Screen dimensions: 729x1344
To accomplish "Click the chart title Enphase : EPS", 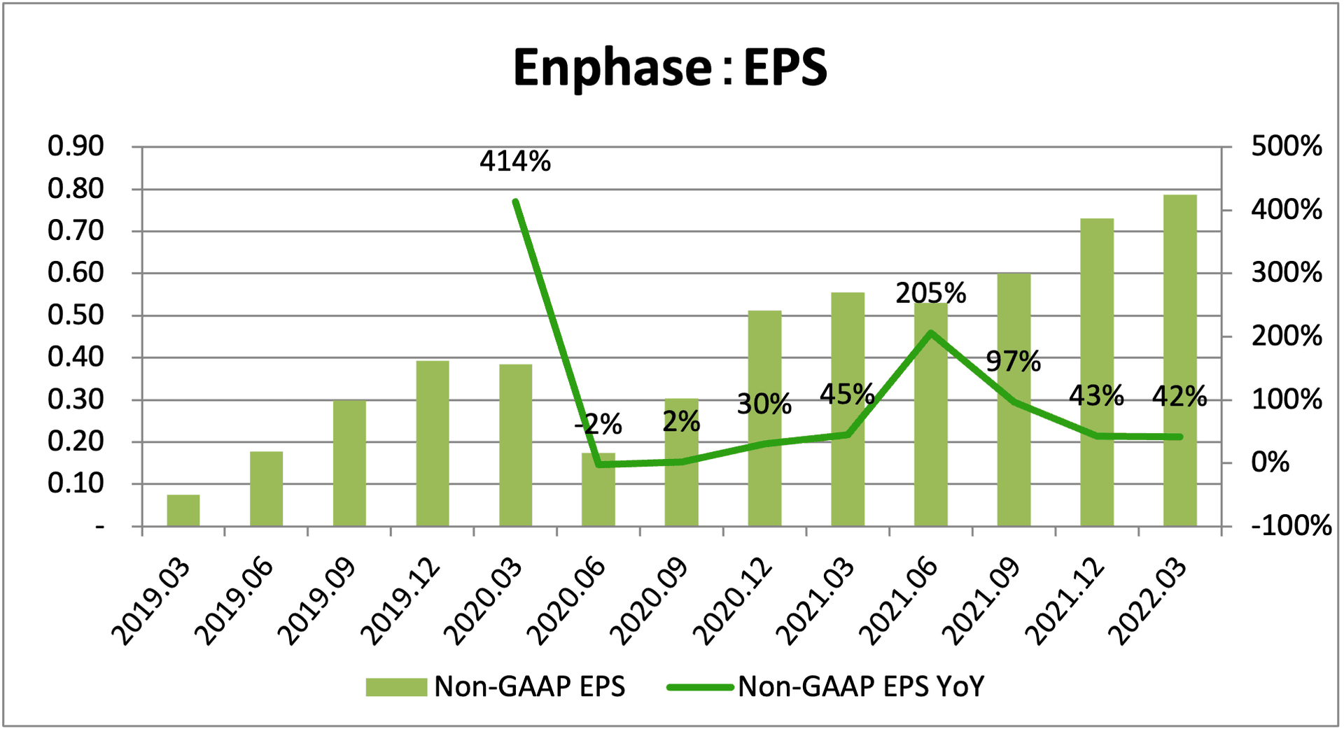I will pos(670,68).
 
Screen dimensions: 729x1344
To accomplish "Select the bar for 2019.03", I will pos(183,510).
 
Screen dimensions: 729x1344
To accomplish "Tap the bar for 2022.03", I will pos(1180,360).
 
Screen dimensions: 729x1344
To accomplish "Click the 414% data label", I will pos(515,162).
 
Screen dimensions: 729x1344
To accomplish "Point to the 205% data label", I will pos(930,293).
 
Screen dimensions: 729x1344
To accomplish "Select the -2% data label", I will pos(598,424).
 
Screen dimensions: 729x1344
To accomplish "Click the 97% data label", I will pos(1013,361).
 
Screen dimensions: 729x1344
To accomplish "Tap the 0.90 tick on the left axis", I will pos(76,146).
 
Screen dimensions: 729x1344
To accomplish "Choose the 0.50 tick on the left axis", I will pos(76,316).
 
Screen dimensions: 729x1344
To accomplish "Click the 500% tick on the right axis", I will pos(1287,146).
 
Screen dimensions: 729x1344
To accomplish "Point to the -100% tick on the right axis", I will pos(1291,525).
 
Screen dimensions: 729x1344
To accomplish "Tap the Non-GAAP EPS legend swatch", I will pos(396,687).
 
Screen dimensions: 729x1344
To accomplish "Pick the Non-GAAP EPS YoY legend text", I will pos(861,687).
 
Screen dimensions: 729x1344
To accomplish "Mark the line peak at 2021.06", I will pos(930,333).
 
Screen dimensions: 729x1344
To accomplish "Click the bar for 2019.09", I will pos(349,462).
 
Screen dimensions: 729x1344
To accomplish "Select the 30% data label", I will pos(764,404).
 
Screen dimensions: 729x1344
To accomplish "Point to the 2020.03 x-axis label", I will pos(484,602).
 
